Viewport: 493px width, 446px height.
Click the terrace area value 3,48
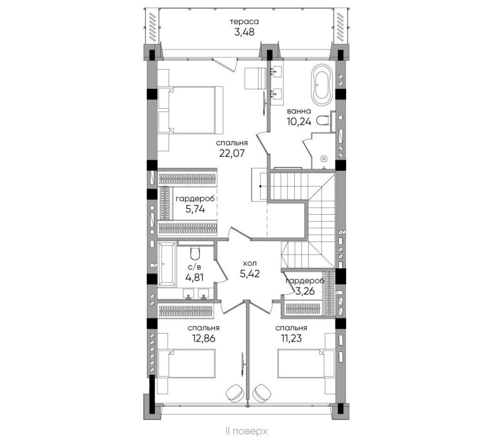tap(245, 32)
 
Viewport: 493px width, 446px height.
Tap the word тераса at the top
tap(245, 22)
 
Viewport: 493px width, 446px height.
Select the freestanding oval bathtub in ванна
tap(321, 86)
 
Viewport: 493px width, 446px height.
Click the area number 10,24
tap(299, 122)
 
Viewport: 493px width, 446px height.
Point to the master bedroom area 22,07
tap(232, 153)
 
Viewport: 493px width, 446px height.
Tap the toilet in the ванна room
tap(323, 121)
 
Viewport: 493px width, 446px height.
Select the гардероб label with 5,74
tap(195, 199)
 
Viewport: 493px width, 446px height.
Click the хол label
tap(249, 263)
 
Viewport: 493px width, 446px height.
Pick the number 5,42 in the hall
tap(249, 274)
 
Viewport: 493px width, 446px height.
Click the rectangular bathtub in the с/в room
tap(167, 264)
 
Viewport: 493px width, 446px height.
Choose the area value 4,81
tap(195, 278)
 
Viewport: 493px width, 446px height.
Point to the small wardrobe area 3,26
tap(305, 291)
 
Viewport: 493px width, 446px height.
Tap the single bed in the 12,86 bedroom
tap(187, 363)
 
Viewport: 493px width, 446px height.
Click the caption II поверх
tap(246, 431)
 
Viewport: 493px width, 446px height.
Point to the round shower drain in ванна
tap(324, 159)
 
